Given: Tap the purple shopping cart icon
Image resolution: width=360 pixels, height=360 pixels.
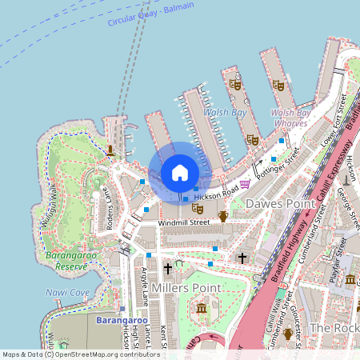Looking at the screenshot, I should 244,183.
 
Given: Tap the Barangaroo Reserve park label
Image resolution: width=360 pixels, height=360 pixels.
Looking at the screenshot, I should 66,260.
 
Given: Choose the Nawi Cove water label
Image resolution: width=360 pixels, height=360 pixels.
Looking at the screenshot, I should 67,293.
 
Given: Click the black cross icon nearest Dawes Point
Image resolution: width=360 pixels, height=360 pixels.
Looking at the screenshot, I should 242,258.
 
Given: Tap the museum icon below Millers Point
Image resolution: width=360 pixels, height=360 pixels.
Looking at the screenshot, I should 201,309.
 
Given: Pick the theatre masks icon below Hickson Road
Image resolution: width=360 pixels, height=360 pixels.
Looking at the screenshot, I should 197,208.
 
